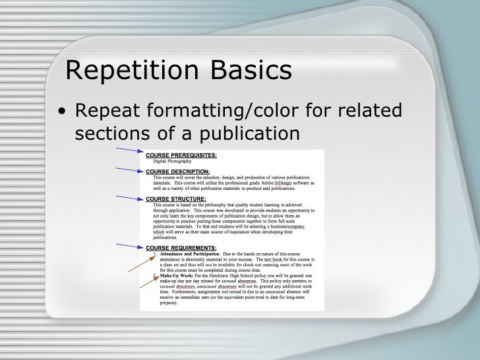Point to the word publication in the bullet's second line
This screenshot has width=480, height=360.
(x=244, y=133)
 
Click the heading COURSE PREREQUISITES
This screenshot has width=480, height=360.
(x=181, y=155)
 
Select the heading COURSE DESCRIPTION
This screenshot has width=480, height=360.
(x=177, y=172)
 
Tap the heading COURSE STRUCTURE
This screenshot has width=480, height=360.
(x=175, y=198)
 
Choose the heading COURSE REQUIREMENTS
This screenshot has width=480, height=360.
(x=181, y=247)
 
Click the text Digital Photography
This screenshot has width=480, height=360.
(x=172, y=161)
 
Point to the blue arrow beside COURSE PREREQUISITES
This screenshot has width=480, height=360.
(x=127, y=152)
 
